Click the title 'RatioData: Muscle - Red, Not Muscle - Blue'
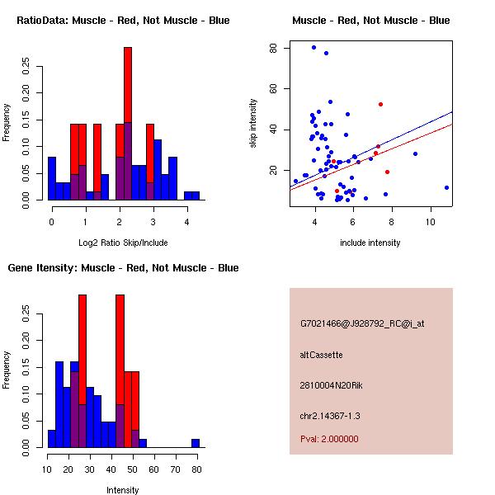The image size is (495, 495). click(123, 21)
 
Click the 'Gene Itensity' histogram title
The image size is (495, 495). click(123, 268)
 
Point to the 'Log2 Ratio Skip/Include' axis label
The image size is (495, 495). click(123, 243)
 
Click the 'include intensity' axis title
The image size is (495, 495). click(370, 243)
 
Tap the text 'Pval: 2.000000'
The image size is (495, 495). click(329, 439)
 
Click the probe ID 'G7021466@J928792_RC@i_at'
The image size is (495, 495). click(362, 324)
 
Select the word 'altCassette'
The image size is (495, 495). click(321, 355)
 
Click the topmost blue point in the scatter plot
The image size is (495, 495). click(313, 48)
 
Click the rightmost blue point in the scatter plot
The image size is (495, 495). click(446, 187)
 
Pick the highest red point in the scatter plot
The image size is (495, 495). click(380, 104)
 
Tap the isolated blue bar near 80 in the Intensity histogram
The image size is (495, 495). click(196, 443)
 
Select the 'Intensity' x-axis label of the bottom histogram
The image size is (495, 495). click(123, 490)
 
